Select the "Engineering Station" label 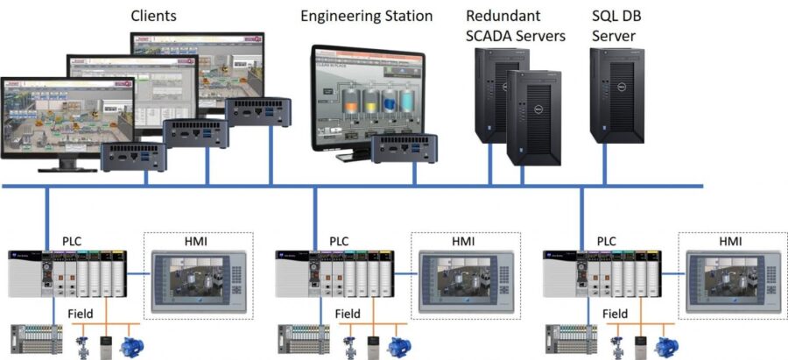(366, 16)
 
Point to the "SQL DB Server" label (614, 25)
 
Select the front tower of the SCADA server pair (534, 118)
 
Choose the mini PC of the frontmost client (134, 157)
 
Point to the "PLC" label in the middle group (339, 240)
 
